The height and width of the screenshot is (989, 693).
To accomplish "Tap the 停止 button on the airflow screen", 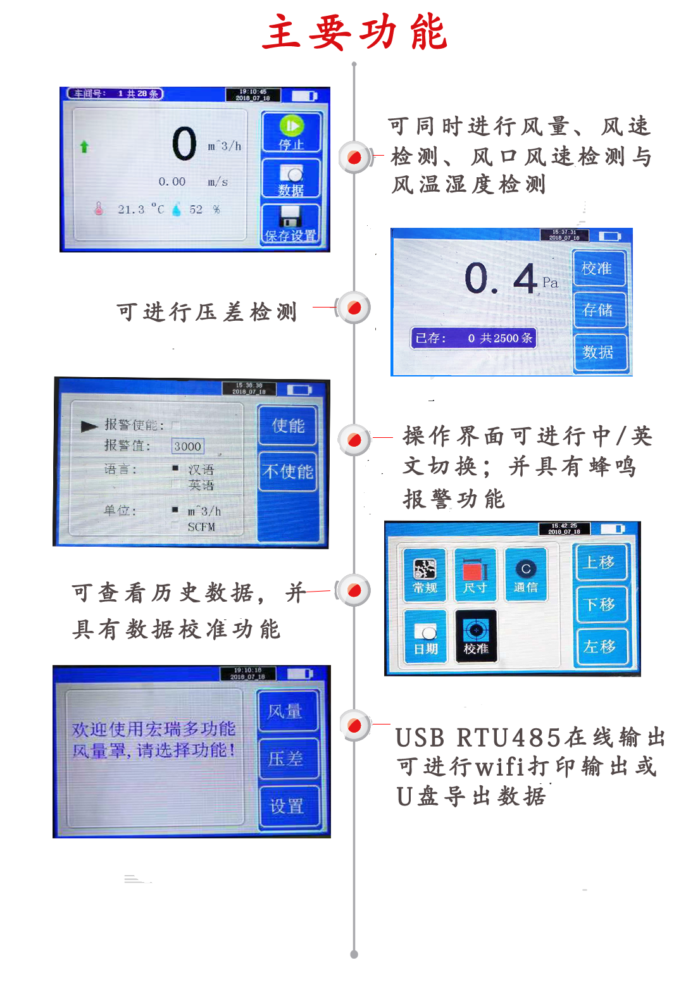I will click(291, 132).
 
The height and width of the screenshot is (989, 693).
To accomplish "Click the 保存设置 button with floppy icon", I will click(290, 225).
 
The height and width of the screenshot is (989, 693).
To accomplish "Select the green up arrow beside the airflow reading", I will click(84, 147).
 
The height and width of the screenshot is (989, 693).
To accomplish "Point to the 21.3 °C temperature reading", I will click(140, 209).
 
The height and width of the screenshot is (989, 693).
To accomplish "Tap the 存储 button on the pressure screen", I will click(598, 310).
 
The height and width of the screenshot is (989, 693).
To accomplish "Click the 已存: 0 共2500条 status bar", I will click(473, 338).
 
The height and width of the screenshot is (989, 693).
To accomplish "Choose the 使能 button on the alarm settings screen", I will click(288, 426).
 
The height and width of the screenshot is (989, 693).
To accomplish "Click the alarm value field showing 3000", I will click(187, 446).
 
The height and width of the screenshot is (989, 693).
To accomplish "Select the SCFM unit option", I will click(201, 526).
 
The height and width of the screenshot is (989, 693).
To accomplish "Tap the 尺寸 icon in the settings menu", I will click(475, 575).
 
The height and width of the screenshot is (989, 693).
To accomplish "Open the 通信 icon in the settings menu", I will click(525, 575).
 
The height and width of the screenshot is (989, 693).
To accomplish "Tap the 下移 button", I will click(600, 604).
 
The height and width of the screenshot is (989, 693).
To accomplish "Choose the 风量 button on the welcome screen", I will click(285, 711).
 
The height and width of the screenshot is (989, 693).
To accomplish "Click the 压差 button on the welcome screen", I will click(285, 758).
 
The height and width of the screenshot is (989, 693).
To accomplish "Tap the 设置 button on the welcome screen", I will click(287, 806).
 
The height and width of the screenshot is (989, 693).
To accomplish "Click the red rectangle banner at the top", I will click(354, 32).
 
